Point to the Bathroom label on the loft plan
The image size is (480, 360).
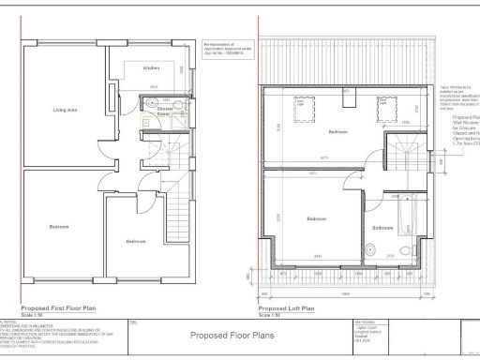pos(382,228)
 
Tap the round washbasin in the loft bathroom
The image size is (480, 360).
pos(398,249)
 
